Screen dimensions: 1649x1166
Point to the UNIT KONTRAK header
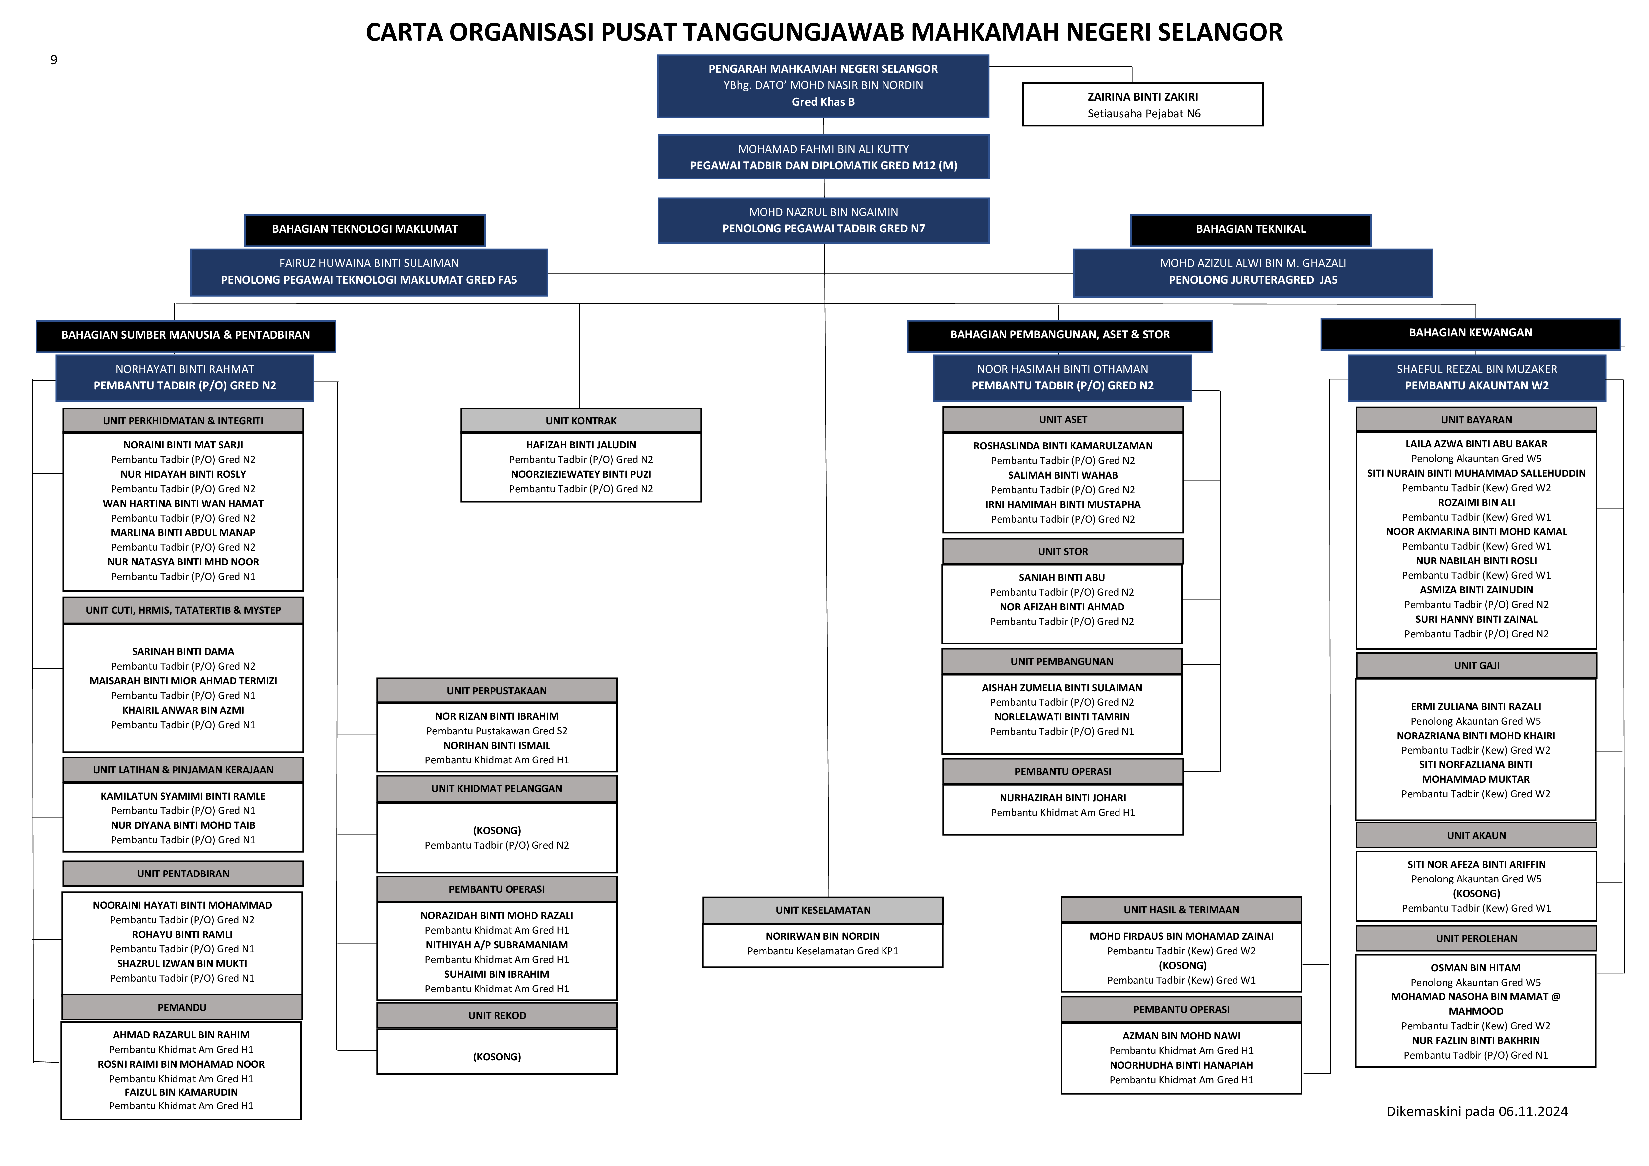[581, 421]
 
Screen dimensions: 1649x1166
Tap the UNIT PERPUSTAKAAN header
[497, 691]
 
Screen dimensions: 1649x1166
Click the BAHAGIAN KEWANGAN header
[1470, 333]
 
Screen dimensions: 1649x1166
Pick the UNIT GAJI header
[1476, 665]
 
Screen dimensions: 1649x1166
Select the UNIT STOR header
[1063, 551]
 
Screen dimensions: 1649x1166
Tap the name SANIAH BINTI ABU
[1062, 577]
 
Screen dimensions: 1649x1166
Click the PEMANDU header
[182, 1007]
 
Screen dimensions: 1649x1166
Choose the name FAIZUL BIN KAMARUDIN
[181, 1092]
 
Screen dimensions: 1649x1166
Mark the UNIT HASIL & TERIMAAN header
[1181, 910]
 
